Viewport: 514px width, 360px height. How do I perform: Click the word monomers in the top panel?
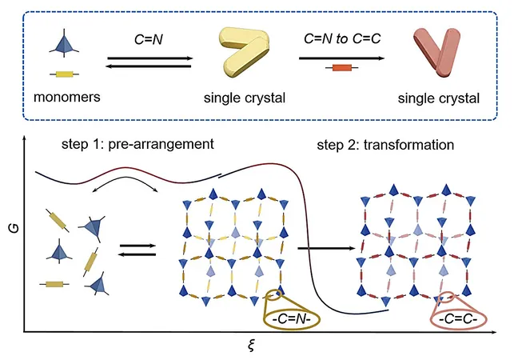67,97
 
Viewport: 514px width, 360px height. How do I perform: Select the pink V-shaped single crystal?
436,52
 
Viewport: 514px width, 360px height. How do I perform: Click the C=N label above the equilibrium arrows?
149,40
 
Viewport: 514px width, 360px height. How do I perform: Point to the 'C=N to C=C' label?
342,38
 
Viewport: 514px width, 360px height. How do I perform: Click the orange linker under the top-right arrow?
342,68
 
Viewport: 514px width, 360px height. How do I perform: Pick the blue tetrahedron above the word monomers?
64,44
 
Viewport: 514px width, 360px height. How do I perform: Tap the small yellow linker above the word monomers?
64,74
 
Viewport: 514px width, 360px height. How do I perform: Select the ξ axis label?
251,346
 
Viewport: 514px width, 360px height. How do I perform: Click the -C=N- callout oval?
292,318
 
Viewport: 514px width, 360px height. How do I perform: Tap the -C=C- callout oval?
458,318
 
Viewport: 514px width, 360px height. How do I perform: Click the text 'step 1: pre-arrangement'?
137,144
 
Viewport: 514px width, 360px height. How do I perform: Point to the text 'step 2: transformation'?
385,145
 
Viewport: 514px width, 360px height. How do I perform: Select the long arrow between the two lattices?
326,249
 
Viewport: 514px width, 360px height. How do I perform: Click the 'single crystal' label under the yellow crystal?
245,98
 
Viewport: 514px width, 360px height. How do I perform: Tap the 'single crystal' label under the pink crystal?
439,98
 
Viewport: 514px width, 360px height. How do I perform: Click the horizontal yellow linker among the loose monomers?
54,284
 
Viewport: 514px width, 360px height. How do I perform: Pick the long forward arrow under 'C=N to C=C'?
341,58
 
